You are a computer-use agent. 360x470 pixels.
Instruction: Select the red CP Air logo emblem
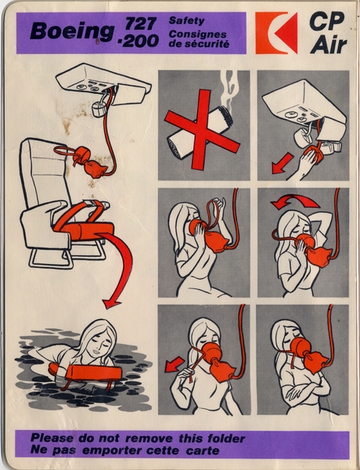(276, 33)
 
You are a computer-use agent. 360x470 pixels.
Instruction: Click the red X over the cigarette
(202, 130)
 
